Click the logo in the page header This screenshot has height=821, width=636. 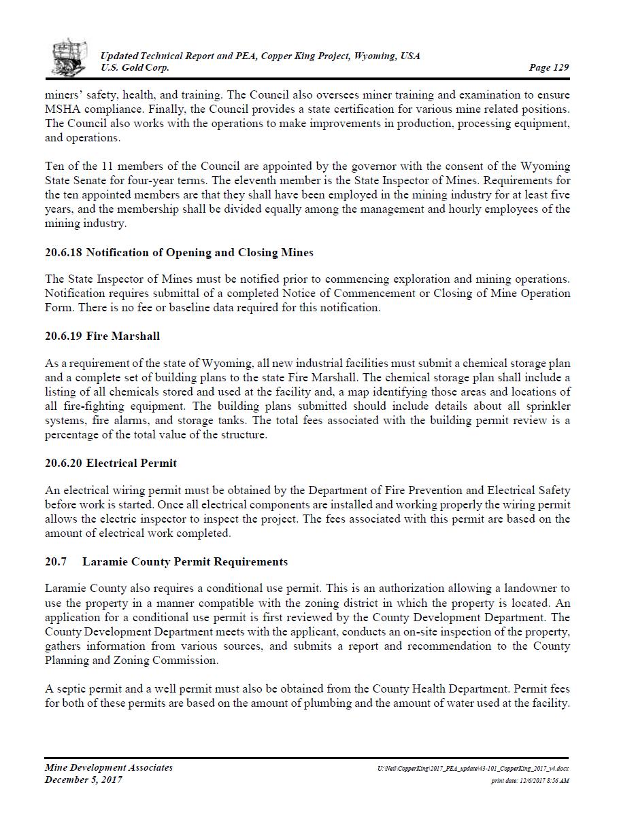pyautogui.click(x=69, y=57)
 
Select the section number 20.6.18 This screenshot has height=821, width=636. pyautogui.click(x=63, y=253)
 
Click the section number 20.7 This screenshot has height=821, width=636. pyautogui.click(x=56, y=562)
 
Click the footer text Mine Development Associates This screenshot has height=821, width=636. pyautogui.click(x=109, y=768)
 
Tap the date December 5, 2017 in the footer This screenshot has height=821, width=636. pyautogui.click(x=84, y=780)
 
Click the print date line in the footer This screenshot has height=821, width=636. pyautogui.click(x=530, y=781)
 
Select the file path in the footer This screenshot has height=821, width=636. pyautogui.click(x=473, y=769)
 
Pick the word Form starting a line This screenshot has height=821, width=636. pyautogui.click(x=58, y=308)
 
